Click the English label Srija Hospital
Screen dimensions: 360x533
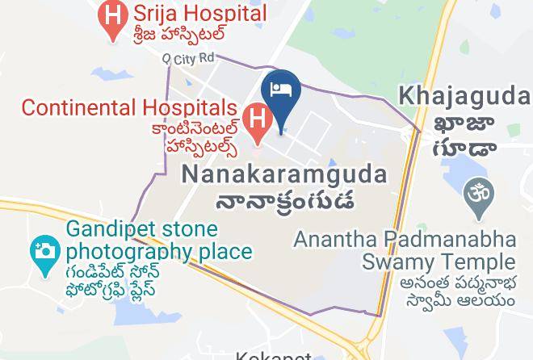tap(190, 14)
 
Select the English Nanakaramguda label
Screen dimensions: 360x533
tap(283, 174)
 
